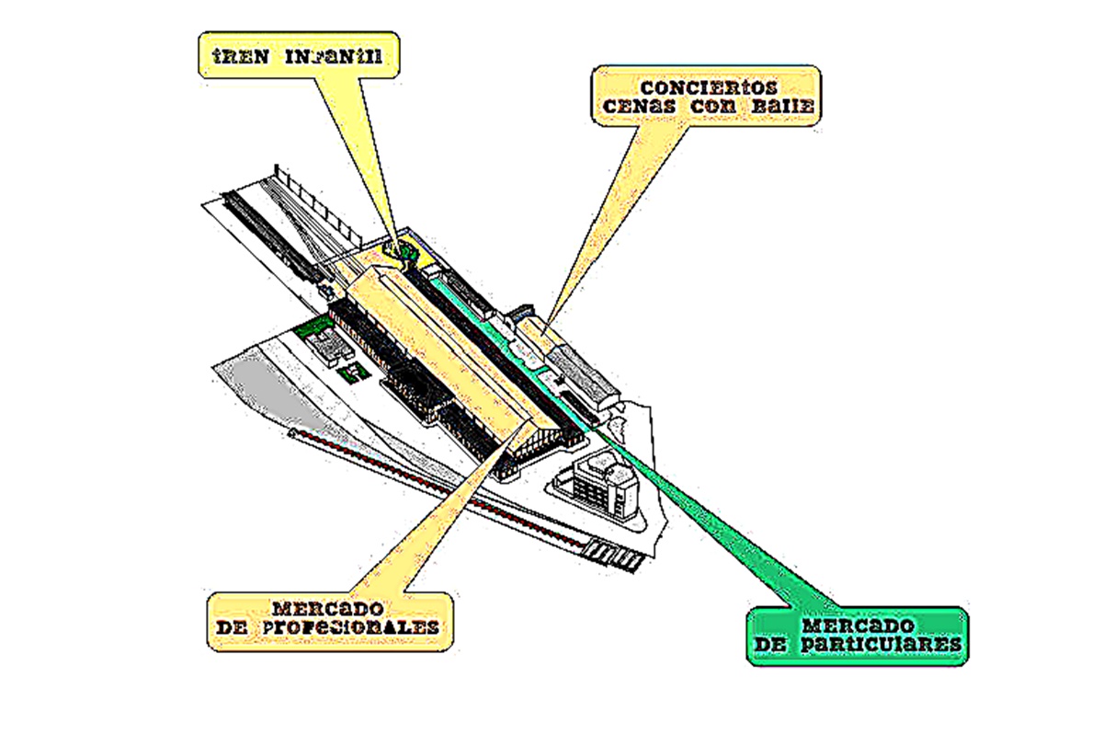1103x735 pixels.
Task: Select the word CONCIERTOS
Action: [708, 87]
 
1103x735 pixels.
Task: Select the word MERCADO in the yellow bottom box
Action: [327, 609]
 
